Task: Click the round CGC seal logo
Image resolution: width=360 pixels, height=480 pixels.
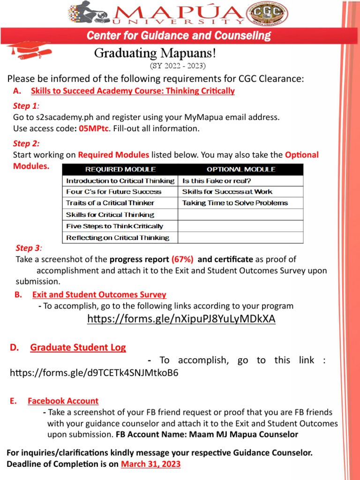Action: pyautogui.click(x=273, y=13)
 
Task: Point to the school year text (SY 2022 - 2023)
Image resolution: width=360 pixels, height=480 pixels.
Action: pyautogui.click(x=177, y=65)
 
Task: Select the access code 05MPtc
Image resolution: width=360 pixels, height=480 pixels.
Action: pyautogui.click(x=92, y=128)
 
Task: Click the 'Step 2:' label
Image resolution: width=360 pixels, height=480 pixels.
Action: pyautogui.click(x=26, y=143)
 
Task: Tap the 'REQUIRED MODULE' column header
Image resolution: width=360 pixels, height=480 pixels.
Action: pyautogui.click(x=120, y=169)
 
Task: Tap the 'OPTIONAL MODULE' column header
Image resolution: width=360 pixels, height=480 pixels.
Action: pyautogui.click(x=241, y=169)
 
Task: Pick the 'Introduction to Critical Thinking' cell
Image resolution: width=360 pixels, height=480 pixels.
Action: pyautogui.click(x=120, y=180)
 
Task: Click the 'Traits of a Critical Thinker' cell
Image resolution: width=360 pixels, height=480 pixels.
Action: pyautogui.click(x=110, y=203)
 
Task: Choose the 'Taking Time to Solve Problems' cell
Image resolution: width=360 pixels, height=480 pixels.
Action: pyautogui.click(x=235, y=203)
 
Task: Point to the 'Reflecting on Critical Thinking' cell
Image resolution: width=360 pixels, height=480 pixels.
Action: pyautogui.click(x=118, y=238)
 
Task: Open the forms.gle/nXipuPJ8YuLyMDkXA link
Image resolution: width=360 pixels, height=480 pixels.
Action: pyautogui.click(x=181, y=319)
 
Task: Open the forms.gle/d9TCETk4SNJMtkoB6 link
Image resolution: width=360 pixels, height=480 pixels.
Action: pyautogui.click(x=94, y=373)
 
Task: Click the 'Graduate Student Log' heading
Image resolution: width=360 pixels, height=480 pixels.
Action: pyautogui.click(x=78, y=347)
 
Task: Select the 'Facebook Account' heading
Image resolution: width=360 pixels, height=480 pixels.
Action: pyautogui.click(x=63, y=401)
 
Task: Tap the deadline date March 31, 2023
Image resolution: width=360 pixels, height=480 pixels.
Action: pyautogui.click(x=150, y=464)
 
